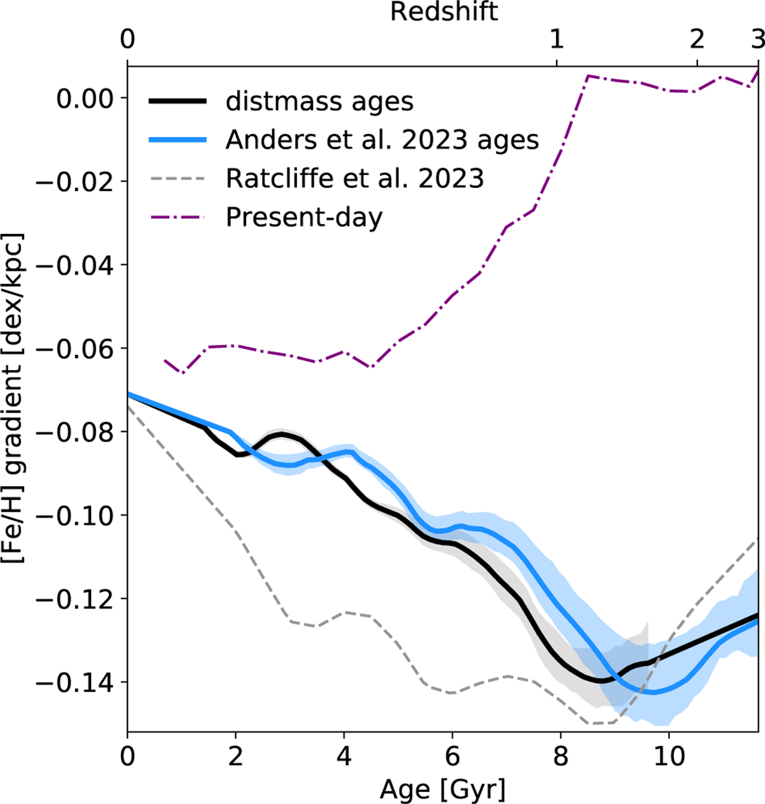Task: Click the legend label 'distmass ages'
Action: coord(319,102)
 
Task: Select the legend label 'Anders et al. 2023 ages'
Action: coord(382,140)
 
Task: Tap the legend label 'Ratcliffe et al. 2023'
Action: coord(355,179)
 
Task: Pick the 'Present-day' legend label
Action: coord(304,217)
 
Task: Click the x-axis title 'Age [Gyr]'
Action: coord(442,789)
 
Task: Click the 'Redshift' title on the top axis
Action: coord(444,11)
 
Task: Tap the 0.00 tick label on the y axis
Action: coord(85,99)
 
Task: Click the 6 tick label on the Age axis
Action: coord(452,756)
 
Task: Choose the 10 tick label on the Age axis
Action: coord(668,756)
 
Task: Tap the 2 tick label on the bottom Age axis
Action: coord(236,756)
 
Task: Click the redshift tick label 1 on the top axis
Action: coord(557,39)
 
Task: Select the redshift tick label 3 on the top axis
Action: coord(757,39)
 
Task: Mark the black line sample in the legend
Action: coord(178,102)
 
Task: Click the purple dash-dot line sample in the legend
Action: coord(178,217)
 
